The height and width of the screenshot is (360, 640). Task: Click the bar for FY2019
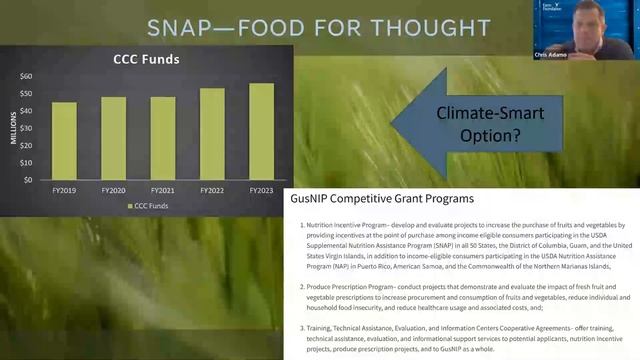(64, 140)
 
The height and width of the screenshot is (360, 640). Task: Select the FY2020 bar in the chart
(114, 138)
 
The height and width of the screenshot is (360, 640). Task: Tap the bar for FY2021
(163, 138)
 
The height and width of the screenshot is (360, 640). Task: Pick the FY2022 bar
(212, 134)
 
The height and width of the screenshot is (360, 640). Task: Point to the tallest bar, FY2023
(261, 131)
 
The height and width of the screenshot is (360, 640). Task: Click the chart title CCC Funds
(145, 58)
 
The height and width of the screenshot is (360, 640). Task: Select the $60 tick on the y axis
(26, 76)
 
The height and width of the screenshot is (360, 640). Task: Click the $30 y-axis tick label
(26, 128)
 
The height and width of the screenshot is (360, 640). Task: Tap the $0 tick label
(28, 180)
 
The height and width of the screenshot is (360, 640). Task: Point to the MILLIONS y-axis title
(14, 127)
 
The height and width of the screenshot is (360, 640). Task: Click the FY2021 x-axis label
(163, 189)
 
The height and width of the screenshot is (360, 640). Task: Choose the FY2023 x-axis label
(261, 189)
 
